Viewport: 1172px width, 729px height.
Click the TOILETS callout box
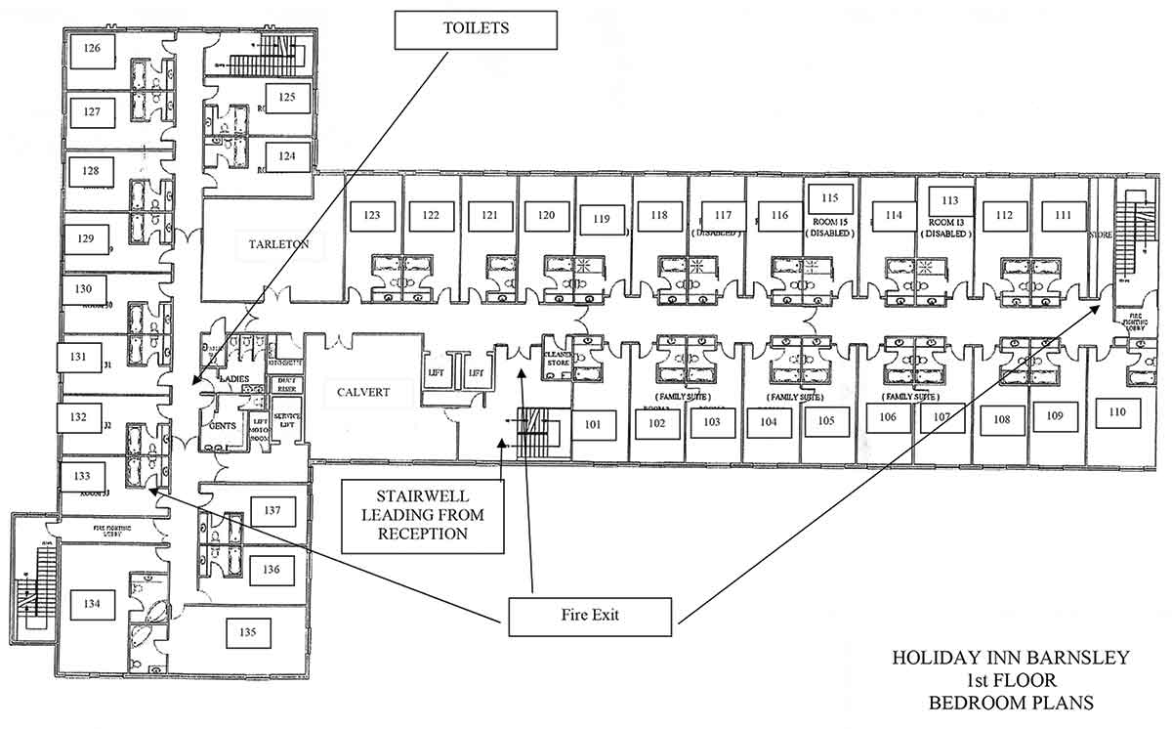[476, 29]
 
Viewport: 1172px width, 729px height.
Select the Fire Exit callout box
[590, 616]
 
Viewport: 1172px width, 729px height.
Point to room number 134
[91, 604]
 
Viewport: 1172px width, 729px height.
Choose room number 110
[1117, 412]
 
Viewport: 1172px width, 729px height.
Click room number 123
[371, 216]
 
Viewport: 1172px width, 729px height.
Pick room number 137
[272, 509]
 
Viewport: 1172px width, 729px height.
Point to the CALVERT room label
[363, 393]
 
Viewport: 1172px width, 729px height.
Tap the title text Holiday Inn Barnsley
[1010, 658]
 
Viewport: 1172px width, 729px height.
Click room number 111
[1063, 216]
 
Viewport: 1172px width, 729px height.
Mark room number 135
[248, 632]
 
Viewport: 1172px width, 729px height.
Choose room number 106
[887, 418]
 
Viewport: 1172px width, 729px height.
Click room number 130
[84, 289]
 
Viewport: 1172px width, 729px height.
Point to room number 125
[287, 97]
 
